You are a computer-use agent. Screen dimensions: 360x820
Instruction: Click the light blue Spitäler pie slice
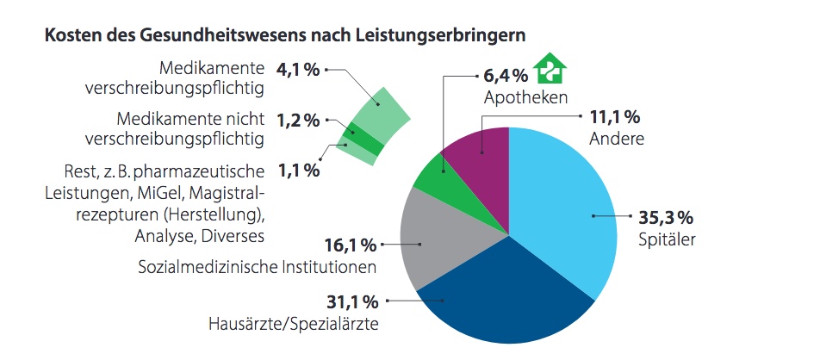568,215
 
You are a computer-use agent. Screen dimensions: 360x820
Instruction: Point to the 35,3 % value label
665,217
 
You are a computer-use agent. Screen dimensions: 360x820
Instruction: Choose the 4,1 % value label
298,70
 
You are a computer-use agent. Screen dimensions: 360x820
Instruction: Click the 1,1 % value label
298,171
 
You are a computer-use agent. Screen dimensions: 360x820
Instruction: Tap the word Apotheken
525,97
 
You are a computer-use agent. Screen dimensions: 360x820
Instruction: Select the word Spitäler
666,239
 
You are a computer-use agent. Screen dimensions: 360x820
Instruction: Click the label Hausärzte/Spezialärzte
294,324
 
